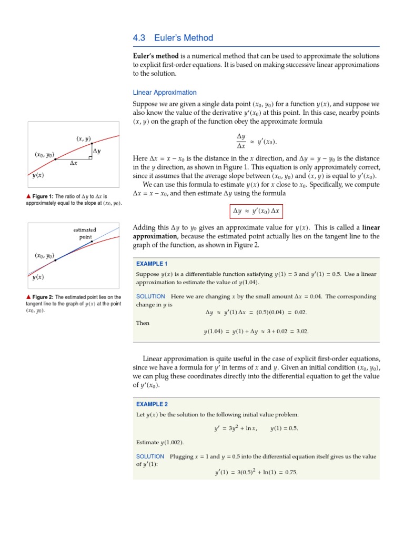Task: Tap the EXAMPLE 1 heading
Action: coord(151,264)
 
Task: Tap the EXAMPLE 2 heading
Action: coord(151,404)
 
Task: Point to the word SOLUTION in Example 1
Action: coord(150,296)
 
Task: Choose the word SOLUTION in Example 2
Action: coord(150,456)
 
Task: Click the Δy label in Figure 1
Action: coord(97,151)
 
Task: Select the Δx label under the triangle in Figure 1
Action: coord(74,163)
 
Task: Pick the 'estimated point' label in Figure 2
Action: coord(85,233)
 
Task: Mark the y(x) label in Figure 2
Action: coord(36,277)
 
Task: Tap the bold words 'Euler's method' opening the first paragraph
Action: coord(156,56)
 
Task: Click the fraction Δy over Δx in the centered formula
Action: coord(241,141)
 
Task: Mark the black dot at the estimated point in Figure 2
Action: coord(92,242)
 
